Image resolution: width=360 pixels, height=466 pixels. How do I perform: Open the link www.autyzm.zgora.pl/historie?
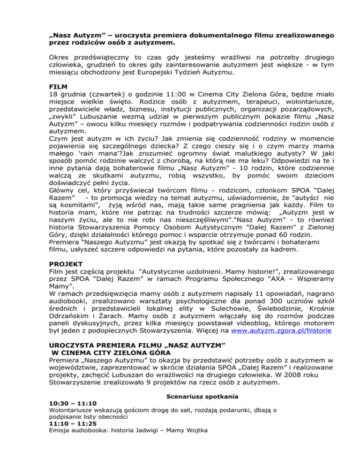278,331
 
